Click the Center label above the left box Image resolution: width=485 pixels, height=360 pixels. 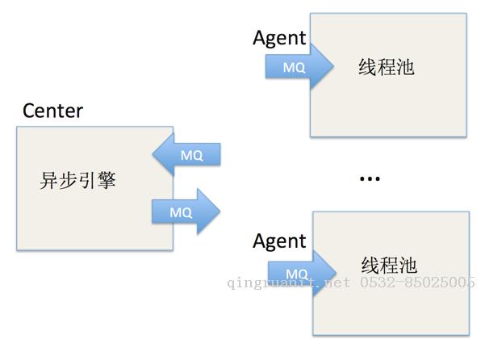[52, 111]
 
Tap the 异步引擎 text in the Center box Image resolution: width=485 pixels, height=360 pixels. [78, 180]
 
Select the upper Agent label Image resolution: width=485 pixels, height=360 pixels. [279, 38]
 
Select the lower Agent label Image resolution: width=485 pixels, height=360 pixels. [279, 241]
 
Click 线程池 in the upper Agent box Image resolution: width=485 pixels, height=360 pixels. [386, 67]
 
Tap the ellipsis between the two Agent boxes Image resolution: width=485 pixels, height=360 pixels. [369, 178]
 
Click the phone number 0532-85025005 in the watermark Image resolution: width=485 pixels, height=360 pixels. [417, 283]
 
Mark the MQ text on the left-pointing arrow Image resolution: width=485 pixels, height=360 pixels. [192, 156]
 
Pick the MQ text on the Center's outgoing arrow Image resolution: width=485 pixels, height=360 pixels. [181, 212]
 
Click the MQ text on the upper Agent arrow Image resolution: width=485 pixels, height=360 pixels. [294, 68]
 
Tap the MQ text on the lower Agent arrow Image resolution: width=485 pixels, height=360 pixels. [297, 274]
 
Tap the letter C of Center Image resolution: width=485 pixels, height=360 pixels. [29, 111]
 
